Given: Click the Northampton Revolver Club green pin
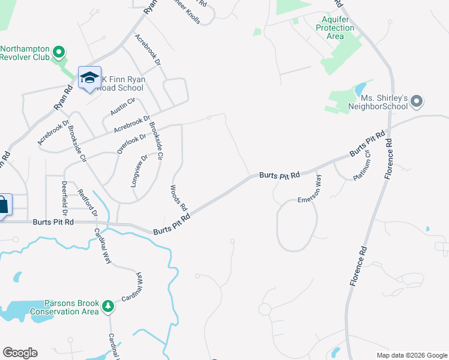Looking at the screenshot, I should click(x=59, y=52).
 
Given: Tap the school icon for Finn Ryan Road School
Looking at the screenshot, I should click(x=89, y=77).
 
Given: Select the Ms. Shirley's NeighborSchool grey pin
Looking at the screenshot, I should click(x=418, y=101).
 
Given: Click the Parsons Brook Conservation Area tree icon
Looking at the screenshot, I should click(x=108, y=307).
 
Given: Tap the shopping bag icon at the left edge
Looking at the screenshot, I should click(x=3, y=206).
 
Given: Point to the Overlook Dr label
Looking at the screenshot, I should click(x=132, y=143).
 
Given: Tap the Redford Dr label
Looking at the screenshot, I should click(x=88, y=204).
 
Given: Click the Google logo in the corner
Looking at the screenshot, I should click(x=20, y=353).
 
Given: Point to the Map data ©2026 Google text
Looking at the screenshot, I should click(x=412, y=355).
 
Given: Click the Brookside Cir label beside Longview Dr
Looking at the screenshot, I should click(x=156, y=139).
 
